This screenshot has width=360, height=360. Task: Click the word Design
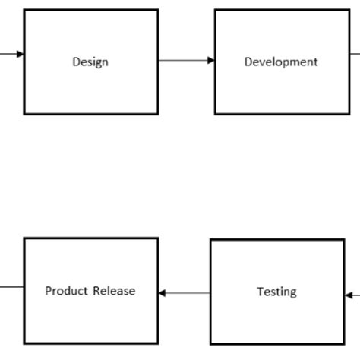tap(90, 62)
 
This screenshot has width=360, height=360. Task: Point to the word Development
tap(280, 62)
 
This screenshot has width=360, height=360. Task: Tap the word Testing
tap(276, 292)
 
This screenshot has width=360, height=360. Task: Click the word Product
tap(67, 290)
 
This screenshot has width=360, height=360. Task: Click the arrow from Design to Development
tap(186, 60)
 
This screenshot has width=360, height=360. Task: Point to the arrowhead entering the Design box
tap(20, 54)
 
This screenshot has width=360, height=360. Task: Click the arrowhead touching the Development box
tap(210, 60)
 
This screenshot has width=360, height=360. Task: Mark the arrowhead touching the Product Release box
tap(163, 293)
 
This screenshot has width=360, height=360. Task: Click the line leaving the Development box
tap(355, 53)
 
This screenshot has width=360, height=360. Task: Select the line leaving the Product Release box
tap(11, 287)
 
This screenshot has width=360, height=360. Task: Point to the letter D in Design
tap(76, 62)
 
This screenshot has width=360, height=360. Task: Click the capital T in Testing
tap(260, 291)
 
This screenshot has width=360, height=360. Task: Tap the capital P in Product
tap(49, 290)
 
